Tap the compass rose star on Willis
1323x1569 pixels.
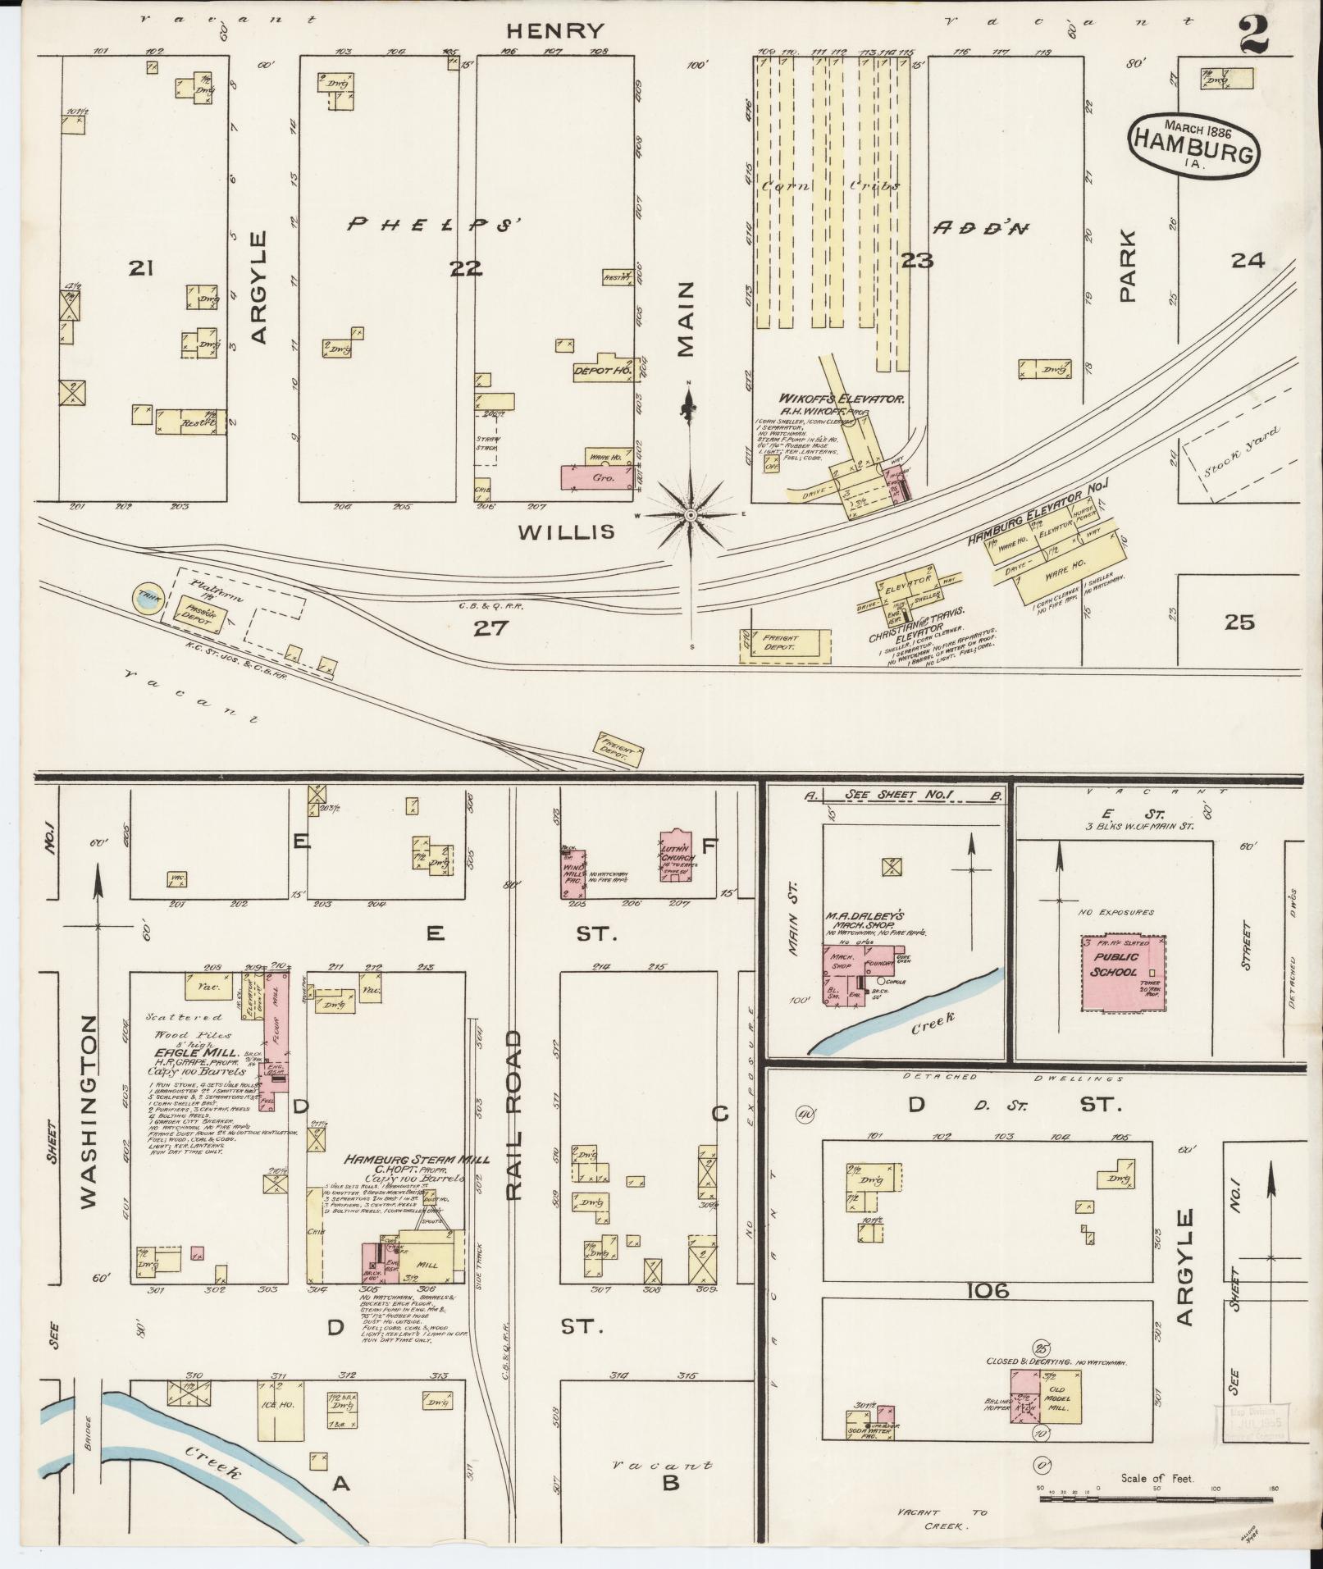691,514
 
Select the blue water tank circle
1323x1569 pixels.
148,599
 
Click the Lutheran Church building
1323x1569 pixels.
678,857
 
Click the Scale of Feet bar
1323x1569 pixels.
1156,1499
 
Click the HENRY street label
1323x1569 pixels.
554,31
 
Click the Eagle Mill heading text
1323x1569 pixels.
191,1052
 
